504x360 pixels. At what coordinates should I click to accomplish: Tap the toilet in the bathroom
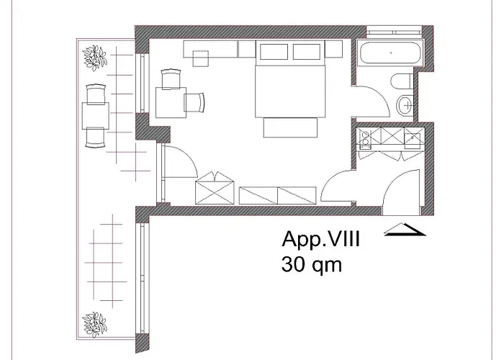pos(404,81)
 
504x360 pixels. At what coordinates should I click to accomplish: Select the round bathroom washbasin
pos(404,106)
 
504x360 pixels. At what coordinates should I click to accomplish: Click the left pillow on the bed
pos(273,52)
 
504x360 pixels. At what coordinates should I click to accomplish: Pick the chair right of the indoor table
pos(195,102)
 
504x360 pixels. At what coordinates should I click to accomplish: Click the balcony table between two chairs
pos(96,115)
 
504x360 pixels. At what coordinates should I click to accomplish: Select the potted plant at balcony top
pos(94,57)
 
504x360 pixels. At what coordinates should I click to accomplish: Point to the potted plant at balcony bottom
pos(94,322)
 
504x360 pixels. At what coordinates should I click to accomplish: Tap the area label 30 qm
pos(311,264)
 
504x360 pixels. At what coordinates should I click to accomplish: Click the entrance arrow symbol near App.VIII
pos(405,230)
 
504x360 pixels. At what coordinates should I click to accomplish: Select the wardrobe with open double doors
pos(215,189)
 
